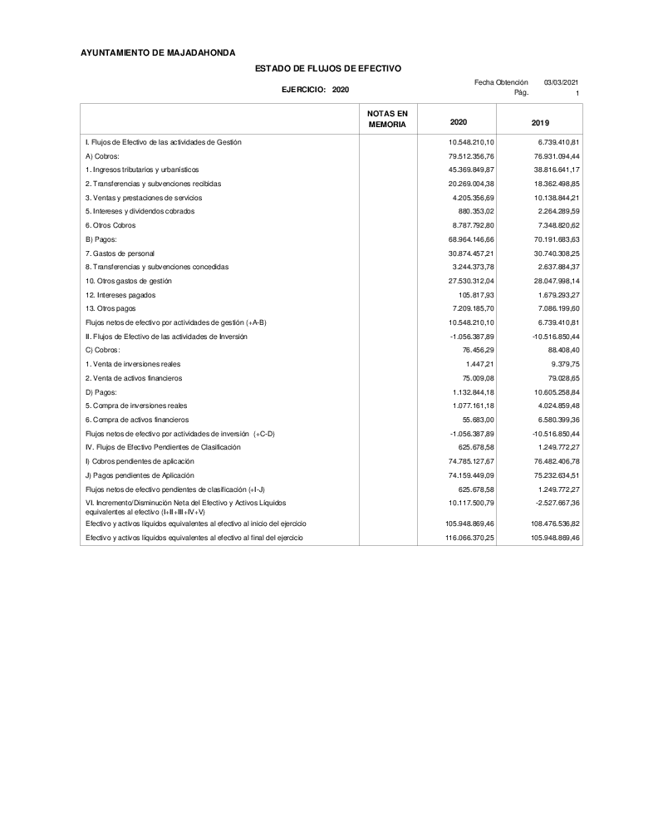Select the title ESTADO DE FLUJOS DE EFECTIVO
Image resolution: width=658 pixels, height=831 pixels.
328,67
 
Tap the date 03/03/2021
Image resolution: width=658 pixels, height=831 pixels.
562,82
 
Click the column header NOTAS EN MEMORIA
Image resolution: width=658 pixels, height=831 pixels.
387,118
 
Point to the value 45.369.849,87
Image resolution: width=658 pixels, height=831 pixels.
471,170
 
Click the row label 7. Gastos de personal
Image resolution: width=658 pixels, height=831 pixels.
120,253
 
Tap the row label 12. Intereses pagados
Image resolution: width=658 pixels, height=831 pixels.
120,295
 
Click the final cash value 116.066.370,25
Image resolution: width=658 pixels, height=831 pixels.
469,538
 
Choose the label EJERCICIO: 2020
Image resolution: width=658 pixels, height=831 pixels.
316,89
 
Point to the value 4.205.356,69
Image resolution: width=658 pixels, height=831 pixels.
471,198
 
